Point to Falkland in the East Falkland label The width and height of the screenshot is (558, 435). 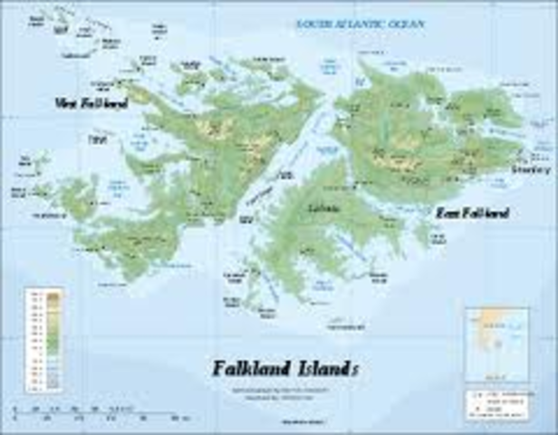486,213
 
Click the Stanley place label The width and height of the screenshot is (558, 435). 530,169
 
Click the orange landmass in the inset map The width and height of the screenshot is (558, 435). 493,320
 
